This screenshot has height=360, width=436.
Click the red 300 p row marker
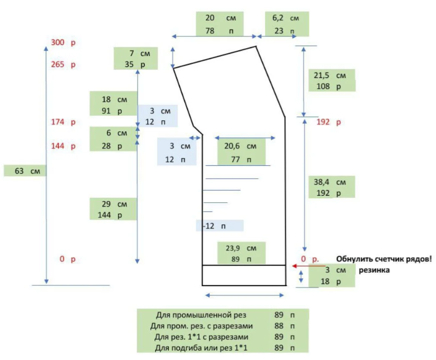tap(63, 42)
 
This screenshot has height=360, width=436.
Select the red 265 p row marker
tap(63, 65)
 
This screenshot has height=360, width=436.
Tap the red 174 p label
tap(63, 122)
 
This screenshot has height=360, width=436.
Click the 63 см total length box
tap(25, 170)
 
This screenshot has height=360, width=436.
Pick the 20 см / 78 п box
tap(220, 24)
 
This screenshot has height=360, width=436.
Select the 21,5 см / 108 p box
tap(331, 81)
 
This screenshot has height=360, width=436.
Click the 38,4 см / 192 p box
tap(331, 187)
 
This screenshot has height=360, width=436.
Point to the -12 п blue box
tap(219, 226)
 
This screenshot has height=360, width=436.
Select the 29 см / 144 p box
tap(113, 209)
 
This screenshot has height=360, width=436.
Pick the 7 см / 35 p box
tap(135, 58)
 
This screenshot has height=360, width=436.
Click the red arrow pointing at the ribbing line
tap(300, 265)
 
